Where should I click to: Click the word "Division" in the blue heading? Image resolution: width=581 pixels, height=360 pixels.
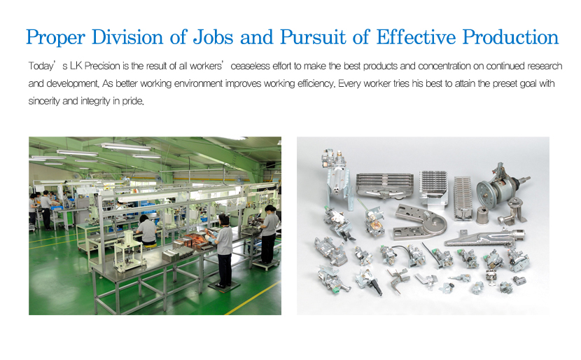click(x=127, y=37)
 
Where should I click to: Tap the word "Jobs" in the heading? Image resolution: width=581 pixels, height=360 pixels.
click(x=213, y=37)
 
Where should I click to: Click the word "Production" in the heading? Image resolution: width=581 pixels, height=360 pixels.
click(x=510, y=37)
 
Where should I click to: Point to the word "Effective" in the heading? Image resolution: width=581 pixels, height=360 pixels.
click(x=416, y=37)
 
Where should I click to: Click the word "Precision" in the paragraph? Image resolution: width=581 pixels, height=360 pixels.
click(x=102, y=66)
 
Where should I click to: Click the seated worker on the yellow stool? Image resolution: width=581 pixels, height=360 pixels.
click(x=146, y=230)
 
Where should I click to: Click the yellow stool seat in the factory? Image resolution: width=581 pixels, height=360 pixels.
click(x=148, y=244)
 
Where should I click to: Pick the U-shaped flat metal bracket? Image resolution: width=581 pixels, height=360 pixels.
click(x=421, y=221)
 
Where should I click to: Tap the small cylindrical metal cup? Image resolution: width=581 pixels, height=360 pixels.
click(x=483, y=215)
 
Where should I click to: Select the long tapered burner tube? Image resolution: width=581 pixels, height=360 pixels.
click(x=484, y=238)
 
